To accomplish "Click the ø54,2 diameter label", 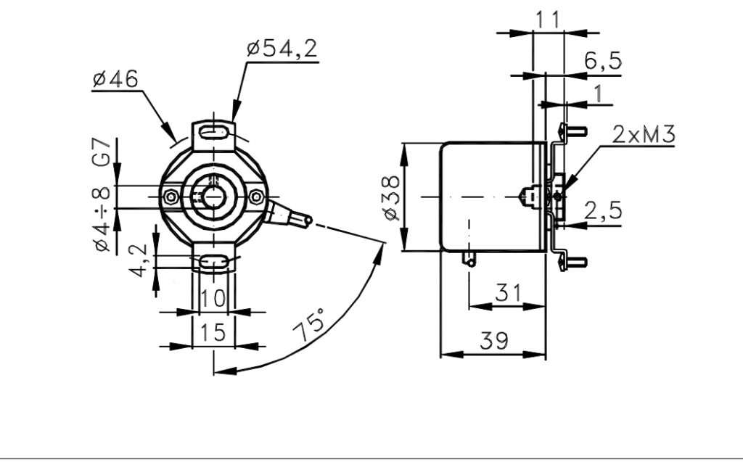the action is point(282,49).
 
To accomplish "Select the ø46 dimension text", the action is point(115,78).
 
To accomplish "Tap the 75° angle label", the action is point(308,325).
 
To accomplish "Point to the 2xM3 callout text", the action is point(644,135).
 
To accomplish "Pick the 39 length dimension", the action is point(493,340).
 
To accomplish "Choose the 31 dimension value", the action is point(508,293).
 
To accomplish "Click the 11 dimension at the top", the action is point(547,20).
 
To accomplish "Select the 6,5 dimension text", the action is point(602,61).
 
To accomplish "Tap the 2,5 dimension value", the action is point(603,210).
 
